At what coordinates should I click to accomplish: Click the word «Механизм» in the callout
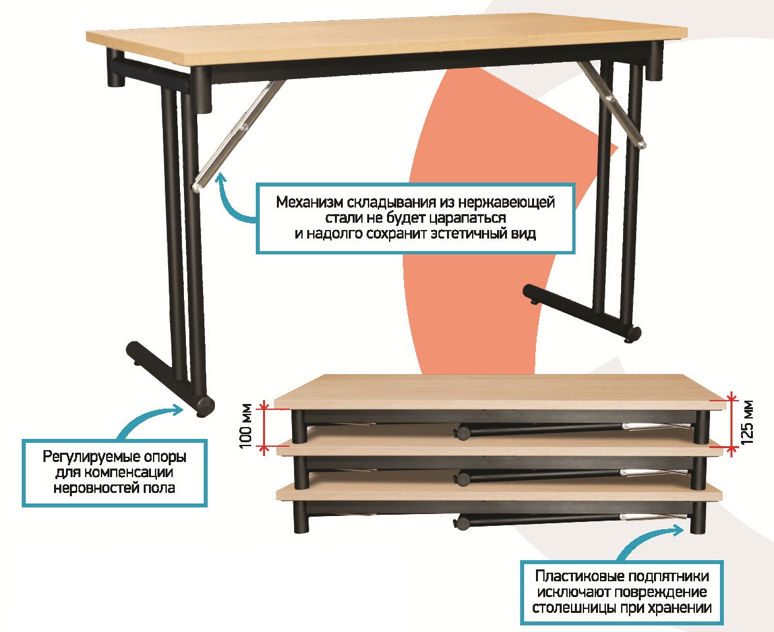click(x=309, y=202)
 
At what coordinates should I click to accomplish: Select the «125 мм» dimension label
click(x=748, y=421)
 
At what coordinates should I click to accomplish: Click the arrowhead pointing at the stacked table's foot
click(x=680, y=529)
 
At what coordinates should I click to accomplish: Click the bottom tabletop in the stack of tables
click(x=498, y=492)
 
